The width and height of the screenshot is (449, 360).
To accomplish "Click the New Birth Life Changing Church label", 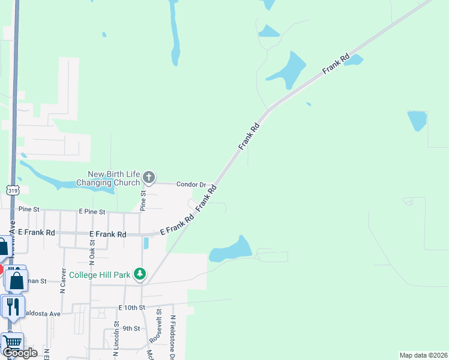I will click(x=113, y=178).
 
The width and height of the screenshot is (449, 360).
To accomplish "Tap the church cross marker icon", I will click(x=149, y=178).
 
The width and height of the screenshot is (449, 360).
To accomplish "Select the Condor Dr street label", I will click(x=191, y=184).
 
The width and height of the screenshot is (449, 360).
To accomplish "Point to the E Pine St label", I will click(x=92, y=212).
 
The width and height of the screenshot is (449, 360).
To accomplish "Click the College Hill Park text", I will click(x=100, y=275).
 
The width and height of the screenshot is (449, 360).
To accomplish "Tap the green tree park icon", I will click(x=140, y=274).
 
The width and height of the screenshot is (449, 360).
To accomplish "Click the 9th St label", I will click(x=131, y=328).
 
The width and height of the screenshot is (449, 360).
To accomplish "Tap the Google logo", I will click(x=20, y=352).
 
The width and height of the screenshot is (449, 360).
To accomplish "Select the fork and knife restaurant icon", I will click(x=12, y=307).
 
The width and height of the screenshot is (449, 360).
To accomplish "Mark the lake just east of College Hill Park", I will click(x=231, y=250).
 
